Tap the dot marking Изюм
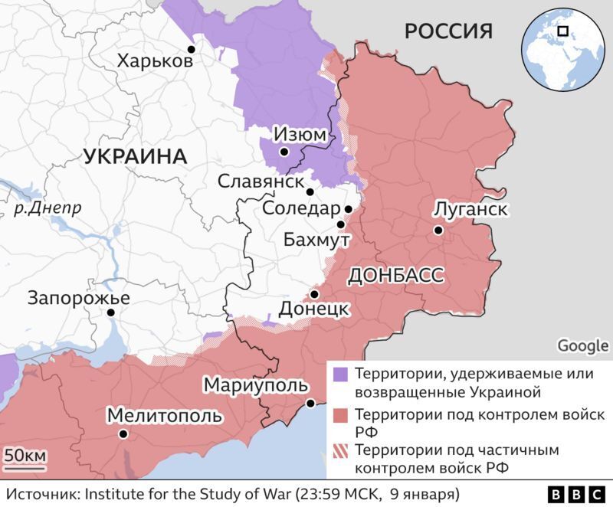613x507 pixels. pos(284,152)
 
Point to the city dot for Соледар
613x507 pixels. pos(348,208)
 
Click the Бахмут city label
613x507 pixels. pos(316,240)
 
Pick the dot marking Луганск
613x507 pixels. pos(438,230)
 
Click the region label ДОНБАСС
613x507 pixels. pos(395,276)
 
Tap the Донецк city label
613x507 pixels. pos(314,309)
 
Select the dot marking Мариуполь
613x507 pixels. pos(310,403)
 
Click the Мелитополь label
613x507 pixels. pos(165,415)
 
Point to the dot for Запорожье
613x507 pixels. pos(111,312)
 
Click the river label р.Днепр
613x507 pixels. pos(48,208)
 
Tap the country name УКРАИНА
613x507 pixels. pos(134,156)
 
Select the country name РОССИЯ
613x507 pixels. pos(448,31)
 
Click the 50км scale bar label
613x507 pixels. pos(25,456)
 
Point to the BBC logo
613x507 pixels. pos(575,493)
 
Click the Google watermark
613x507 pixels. pos(582,346)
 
